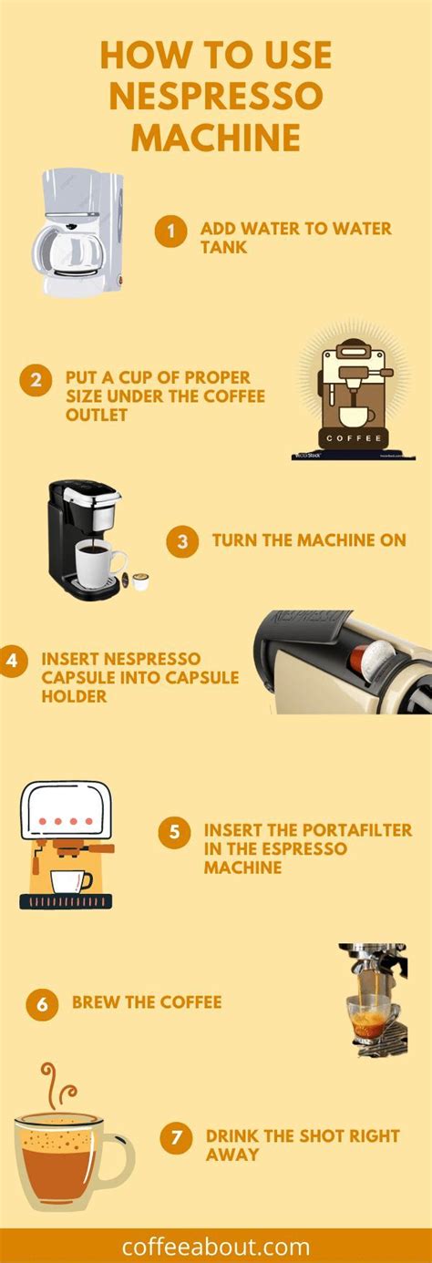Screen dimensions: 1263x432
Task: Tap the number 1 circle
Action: pyautogui.click(x=170, y=232)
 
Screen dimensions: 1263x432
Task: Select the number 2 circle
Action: pyautogui.click(x=36, y=381)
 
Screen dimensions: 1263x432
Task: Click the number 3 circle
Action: pyautogui.click(x=182, y=542)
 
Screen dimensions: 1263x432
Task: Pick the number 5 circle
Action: pyautogui.click(x=174, y=832)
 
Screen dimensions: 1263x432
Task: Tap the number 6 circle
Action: pyautogui.click(x=42, y=1005)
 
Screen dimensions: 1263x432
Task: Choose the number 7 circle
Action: pyautogui.click(x=176, y=1138)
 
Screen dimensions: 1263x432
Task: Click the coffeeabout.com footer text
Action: pyautogui.click(x=216, y=1246)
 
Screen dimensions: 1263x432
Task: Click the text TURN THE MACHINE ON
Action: pyautogui.click(x=309, y=540)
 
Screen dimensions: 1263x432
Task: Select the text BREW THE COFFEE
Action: pyautogui.click(x=147, y=1002)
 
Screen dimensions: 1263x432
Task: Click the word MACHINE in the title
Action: pyautogui.click(x=216, y=138)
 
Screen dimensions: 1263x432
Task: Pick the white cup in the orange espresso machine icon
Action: pyautogui.click(x=70, y=881)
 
